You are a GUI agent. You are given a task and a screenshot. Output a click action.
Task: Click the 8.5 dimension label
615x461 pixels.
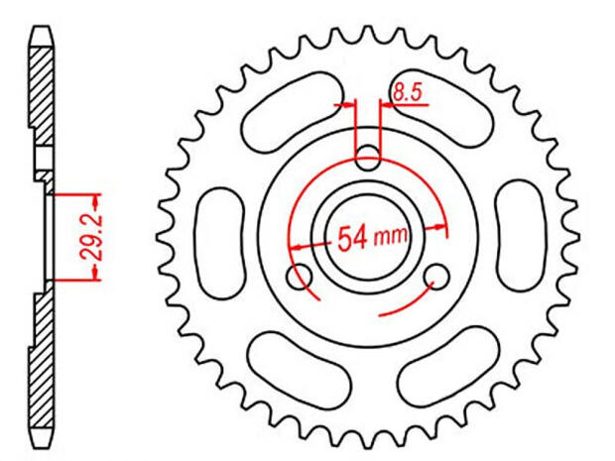coord(408,95)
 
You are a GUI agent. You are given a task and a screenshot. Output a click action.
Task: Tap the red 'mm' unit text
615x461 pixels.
coord(393,238)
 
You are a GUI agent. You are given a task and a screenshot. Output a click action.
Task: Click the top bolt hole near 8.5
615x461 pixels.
coord(368,155)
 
